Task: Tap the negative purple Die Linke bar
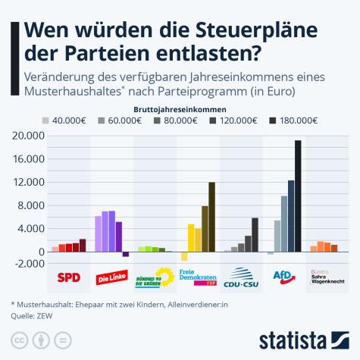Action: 126,254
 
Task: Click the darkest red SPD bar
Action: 83,245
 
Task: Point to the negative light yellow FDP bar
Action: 184,256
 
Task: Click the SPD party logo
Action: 69,277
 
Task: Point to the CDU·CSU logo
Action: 242,277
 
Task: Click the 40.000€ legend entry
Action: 63,120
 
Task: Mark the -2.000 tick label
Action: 29,263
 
